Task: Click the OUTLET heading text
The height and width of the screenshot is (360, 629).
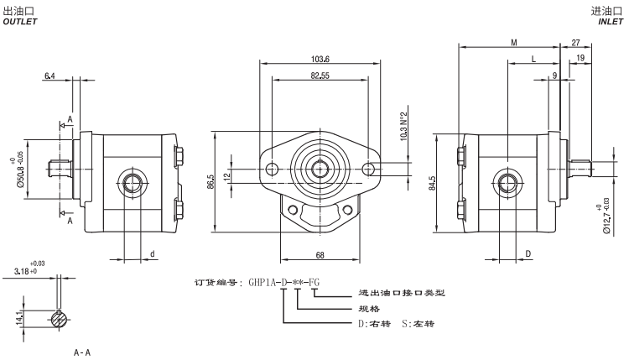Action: pyautogui.click(x=20, y=23)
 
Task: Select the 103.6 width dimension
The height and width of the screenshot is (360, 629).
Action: pyautogui.click(x=320, y=59)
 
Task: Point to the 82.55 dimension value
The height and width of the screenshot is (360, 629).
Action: pyautogui.click(x=320, y=76)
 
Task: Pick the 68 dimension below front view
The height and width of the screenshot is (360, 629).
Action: pyautogui.click(x=320, y=254)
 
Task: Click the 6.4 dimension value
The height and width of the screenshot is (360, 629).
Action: pyautogui.click(x=51, y=76)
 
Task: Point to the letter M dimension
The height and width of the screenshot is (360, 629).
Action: pyautogui.click(x=512, y=42)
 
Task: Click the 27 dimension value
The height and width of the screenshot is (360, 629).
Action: pyautogui.click(x=575, y=42)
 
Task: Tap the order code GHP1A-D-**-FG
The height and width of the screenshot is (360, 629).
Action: pyautogui.click(x=283, y=282)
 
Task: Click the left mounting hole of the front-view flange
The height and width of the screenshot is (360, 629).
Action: pyautogui.click(x=271, y=170)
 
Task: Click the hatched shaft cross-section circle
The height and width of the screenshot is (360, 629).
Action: pyautogui.click(x=57, y=318)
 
